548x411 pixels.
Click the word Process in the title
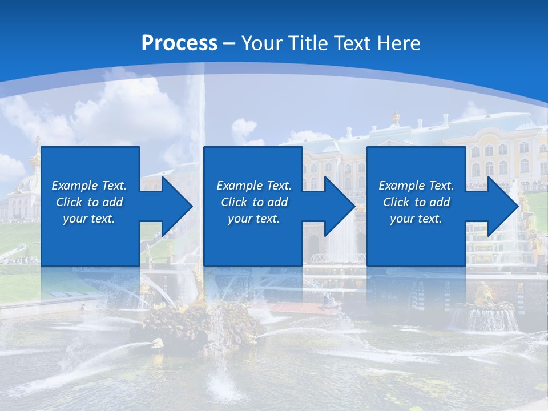tap(179, 43)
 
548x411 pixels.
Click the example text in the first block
tap(89, 202)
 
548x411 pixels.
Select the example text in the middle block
tap(254, 202)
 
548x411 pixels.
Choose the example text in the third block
tap(416, 202)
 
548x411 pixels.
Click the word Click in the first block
tap(70, 202)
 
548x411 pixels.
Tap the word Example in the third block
tap(401, 186)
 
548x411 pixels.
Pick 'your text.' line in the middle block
tap(254, 219)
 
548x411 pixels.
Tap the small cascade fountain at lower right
tap(485, 317)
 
